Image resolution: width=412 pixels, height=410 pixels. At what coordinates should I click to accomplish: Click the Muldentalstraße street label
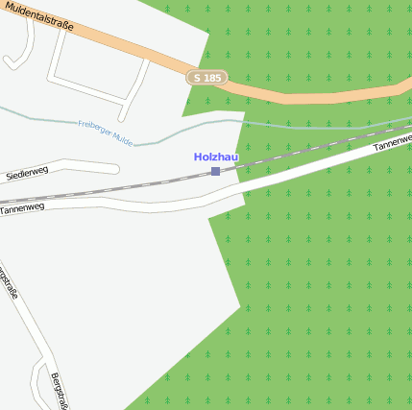[x=37, y=16]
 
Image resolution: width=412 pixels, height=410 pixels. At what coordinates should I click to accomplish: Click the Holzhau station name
[x=215, y=157]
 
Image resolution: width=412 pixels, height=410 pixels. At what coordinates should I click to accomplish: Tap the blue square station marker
[x=215, y=171]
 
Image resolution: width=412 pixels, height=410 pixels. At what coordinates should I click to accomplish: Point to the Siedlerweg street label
[x=27, y=173]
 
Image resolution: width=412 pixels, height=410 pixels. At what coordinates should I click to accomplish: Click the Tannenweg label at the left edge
[x=22, y=207]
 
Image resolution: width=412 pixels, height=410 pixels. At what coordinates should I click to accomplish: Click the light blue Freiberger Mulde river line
[x=288, y=125]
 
